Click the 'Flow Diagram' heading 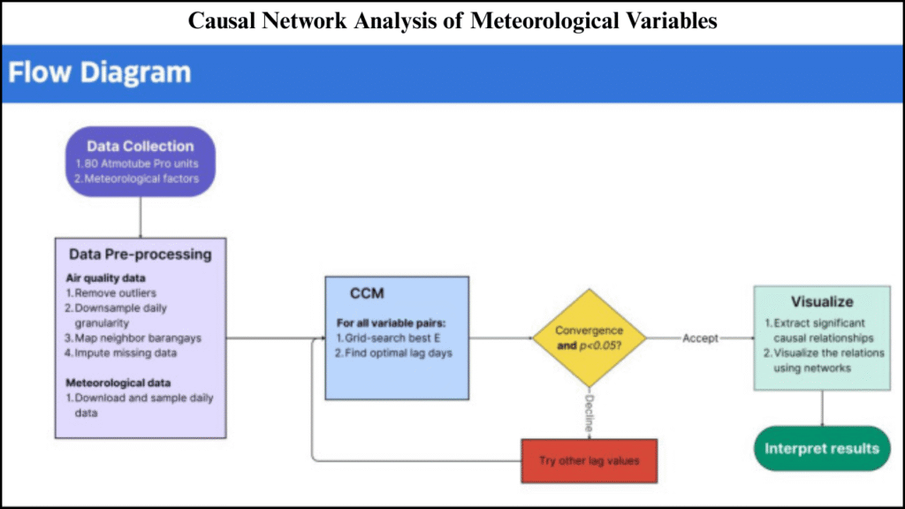coord(100,72)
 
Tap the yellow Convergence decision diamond coord(589,338)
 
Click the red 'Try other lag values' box coord(589,460)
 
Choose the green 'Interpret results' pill coord(822,448)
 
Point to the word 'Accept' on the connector coord(700,338)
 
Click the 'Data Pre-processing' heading coord(141,254)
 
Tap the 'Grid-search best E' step coord(385,338)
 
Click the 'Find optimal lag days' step coord(394,353)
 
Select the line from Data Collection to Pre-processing coord(141,217)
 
